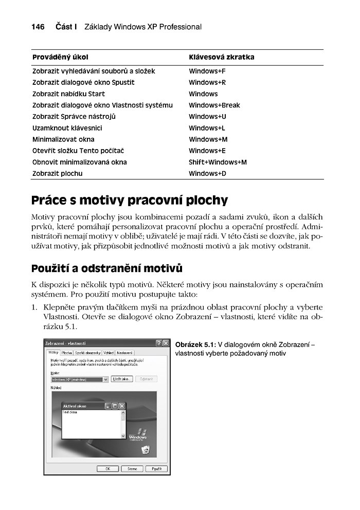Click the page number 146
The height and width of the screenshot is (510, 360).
tap(38, 27)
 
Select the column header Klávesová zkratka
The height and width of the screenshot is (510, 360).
tap(221, 57)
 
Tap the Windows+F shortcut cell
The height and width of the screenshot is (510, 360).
tap(207, 71)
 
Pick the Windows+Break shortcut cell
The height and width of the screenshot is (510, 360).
tap(214, 105)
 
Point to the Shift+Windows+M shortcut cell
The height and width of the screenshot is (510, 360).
tap(218, 162)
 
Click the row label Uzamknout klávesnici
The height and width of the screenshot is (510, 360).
tap(67, 128)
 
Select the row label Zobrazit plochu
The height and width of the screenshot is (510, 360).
tap(57, 173)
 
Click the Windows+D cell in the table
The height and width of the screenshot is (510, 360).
tap(207, 173)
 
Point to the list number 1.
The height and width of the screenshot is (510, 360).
tap(34, 307)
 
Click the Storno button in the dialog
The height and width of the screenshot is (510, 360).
tap(132, 469)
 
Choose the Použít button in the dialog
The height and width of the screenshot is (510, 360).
tap(156, 469)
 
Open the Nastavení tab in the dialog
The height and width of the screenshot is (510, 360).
tap(124, 353)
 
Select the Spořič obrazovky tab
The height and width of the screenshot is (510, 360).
tap(87, 353)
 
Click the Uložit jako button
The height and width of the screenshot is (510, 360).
tap(122, 379)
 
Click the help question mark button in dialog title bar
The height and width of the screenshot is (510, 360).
tap(158, 343)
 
